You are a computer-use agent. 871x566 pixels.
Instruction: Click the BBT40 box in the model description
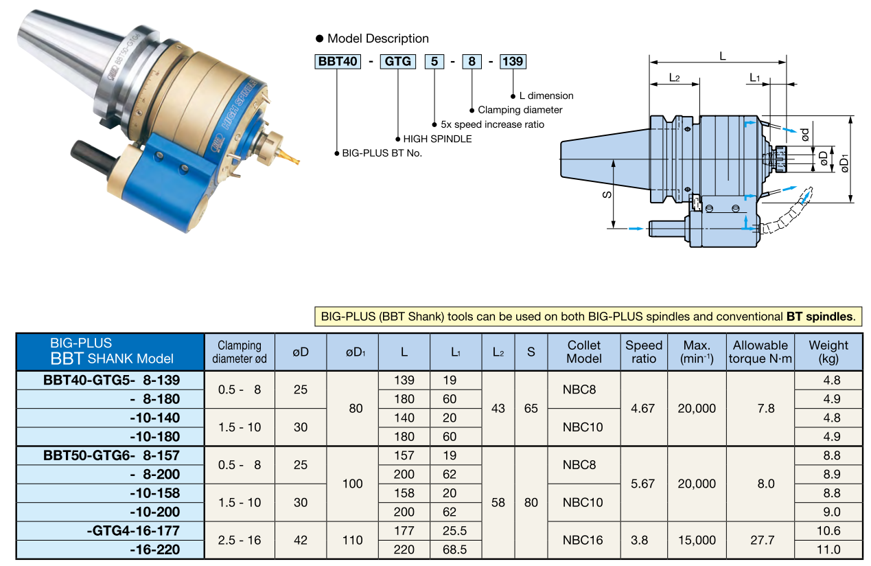tap(338, 62)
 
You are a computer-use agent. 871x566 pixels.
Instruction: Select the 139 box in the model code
tap(512, 62)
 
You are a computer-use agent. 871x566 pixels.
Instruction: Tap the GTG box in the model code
tap(398, 62)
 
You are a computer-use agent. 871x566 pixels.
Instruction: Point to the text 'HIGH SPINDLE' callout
tap(437, 139)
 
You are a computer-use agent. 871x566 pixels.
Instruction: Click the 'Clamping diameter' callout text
tap(520, 110)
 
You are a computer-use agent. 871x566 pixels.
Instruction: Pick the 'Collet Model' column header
tap(583, 352)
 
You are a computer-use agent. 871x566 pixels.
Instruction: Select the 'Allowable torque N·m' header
tap(762, 352)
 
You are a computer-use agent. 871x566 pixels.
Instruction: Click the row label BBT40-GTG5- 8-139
tap(111, 381)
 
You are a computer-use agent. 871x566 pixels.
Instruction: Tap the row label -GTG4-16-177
tap(133, 531)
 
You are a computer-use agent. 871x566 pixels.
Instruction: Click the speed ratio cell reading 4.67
tap(642, 409)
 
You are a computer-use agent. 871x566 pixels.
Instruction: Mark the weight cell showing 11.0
tap(828, 550)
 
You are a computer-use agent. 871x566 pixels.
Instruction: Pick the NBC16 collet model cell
tap(583, 540)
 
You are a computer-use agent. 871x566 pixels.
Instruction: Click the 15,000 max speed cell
tap(697, 540)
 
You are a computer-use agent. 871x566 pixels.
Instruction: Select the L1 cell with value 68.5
tap(456, 550)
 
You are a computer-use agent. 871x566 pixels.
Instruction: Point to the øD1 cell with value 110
tap(352, 540)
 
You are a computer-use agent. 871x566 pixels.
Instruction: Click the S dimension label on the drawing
tap(607, 194)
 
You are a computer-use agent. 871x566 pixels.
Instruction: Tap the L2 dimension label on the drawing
tap(674, 78)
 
